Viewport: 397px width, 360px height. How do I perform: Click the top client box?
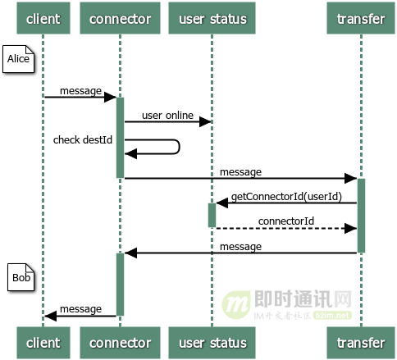coord(43,18)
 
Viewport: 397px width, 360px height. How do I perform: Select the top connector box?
coord(120,18)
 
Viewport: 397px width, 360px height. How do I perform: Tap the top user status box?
coord(212,18)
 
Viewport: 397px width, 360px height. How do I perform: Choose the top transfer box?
coord(361,18)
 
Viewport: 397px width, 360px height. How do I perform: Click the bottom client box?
coord(43,342)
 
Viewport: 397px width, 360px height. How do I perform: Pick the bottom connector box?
coord(120,342)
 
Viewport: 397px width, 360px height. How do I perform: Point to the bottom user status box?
coord(212,342)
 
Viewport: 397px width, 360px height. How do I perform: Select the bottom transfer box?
coord(361,342)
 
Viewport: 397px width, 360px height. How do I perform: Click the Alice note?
coord(19,60)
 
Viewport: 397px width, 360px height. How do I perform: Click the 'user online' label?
coord(167,116)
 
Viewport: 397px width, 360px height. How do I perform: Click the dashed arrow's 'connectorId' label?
coord(285,221)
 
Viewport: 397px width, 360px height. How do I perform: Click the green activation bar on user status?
coord(212,215)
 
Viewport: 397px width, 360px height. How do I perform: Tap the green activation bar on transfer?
coord(361,215)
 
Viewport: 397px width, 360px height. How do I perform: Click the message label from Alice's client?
coord(80,91)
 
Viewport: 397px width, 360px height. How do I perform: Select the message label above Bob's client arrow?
coord(80,308)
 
